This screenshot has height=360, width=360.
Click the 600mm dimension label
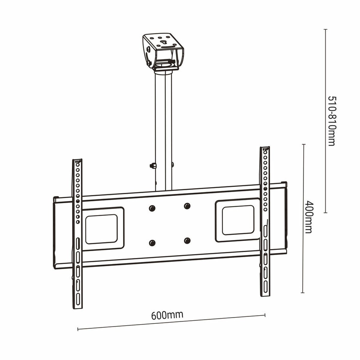[x=167, y=315]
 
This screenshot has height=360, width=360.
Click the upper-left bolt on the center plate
[x=152, y=208]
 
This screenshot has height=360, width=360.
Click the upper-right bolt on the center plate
[x=187, y=206]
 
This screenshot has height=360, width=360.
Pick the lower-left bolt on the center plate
[x=152, y=243]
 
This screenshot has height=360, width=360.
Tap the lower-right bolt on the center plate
[x=187, y=240]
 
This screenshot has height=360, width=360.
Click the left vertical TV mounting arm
[x=77, y=234]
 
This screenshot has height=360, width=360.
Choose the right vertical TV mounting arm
[x=265, y=222]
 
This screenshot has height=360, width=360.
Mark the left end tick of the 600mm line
[x=78, y=329]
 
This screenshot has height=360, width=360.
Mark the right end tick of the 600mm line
[x=265, y=315]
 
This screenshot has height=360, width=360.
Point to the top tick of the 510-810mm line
[x=325, y=29]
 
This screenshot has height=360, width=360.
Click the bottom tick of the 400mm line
[x=304, y=293]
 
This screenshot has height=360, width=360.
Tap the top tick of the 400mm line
[x=304, y=145]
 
